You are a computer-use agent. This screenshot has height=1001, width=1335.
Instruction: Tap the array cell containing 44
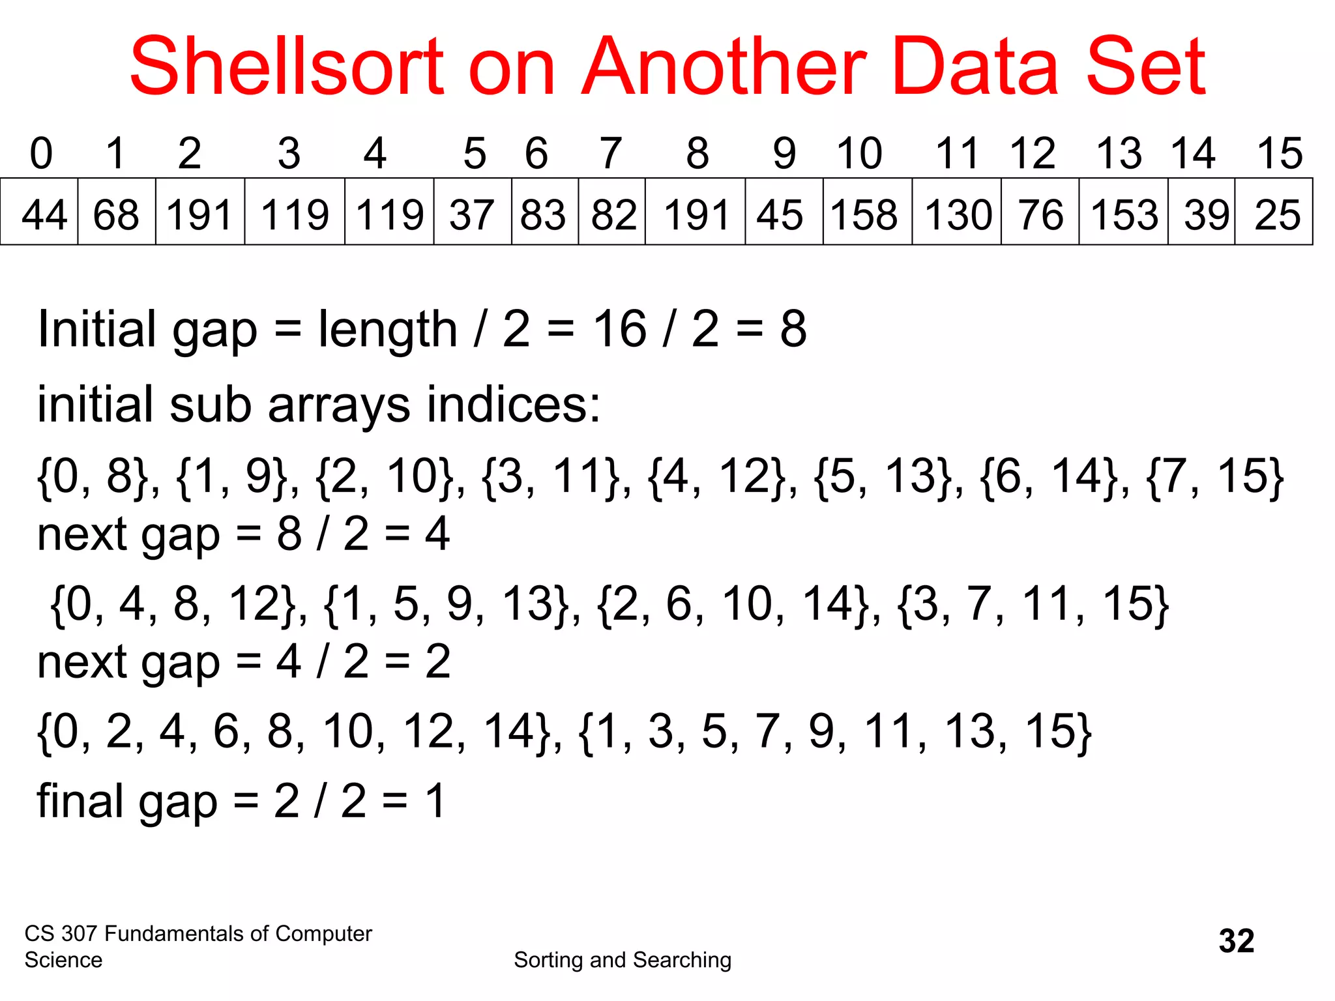[x=40, y=213]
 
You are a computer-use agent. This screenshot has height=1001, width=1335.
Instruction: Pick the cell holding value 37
[x=473, y=213]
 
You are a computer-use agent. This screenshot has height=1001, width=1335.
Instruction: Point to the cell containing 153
[x=1123, y=213]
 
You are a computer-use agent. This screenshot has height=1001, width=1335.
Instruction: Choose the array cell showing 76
[x=1040, y=213]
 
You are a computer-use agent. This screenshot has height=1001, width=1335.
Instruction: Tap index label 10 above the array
[x=859, y=154]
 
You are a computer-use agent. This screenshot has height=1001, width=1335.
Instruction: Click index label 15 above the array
[x=1280, y=154]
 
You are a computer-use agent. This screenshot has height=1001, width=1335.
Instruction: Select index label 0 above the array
[x=41, y=154]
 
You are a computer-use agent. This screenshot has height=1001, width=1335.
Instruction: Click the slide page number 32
[x=1237, y=940]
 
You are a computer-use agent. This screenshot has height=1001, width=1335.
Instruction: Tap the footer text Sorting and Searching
[x=623, y=960]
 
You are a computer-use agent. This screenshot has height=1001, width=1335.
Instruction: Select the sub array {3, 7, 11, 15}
[x=1033, y=604]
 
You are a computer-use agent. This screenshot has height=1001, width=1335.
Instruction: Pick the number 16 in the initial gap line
[x=619, y=329]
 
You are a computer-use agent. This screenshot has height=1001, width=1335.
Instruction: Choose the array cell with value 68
[x=116, y=213]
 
